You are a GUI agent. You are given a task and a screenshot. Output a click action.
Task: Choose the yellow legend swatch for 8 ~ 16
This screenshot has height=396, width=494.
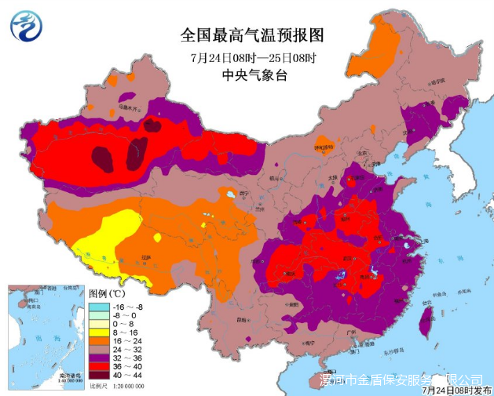[99, 332]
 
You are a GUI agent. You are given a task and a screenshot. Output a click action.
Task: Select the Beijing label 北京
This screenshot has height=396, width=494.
[362, 154]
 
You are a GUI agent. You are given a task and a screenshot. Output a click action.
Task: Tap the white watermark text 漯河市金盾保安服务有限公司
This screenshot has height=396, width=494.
[401, 379]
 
